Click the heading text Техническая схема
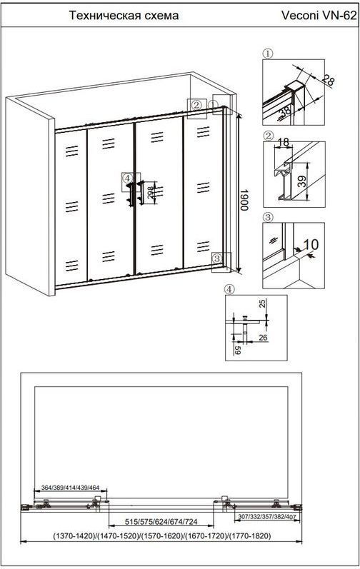tap(124, 16)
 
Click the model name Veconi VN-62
tap(319, 16)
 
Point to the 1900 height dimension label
tap(244, 199)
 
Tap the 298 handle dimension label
tap(151, 193)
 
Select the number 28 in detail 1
tap(327, 80)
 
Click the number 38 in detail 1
tap(286, 110)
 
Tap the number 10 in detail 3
tap(311, 244)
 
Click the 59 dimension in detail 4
tap(238, 351)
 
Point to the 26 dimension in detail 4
tap(263, 338)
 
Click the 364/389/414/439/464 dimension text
tap(71, 488)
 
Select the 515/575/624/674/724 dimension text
tap(161, 522)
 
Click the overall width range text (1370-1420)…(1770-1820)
tap(162, 536)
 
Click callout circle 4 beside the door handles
tap(126, 178)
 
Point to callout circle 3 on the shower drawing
tap(217, 258)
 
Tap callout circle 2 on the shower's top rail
tap(196, 105)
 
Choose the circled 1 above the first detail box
tap(268, 54)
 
